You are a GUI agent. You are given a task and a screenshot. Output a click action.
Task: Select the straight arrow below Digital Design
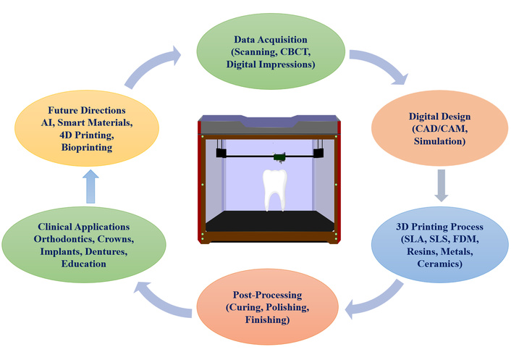tap(438, 189)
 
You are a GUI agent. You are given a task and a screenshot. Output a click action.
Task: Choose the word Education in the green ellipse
tap(85, 264)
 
